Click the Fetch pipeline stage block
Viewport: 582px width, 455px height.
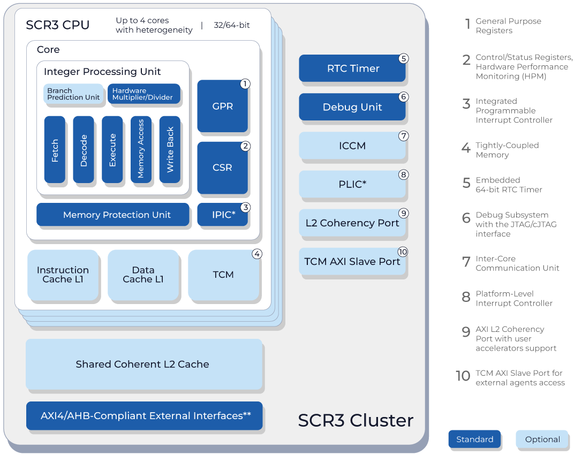[x=55, y=149]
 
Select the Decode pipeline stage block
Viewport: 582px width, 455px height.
[x=84, y=149]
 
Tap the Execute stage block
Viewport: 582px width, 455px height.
[x=112, y=149]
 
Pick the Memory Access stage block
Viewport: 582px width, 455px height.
[x=141, y=149]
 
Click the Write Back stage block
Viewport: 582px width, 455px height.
[x=170, y=149]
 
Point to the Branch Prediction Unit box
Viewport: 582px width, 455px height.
[x=73, y=94]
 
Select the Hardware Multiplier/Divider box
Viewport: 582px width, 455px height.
[x=144, y=94]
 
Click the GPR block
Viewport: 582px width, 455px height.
[x=223, y=106]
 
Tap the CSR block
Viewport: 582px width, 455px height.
[x=223, y=168]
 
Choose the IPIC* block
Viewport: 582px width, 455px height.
[x=223, y=215]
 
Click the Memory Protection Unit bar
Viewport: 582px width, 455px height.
[x=113, y=215]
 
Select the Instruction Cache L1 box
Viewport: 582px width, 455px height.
[x=63, y=275]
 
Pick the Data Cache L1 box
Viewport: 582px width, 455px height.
[x=143, y=275]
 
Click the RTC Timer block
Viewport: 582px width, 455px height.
[x=352, y=69]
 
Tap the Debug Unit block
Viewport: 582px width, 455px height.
[x=352, y=107]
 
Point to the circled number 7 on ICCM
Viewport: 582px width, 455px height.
[x=404, y=136]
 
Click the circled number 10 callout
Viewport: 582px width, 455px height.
[x=403, y=252]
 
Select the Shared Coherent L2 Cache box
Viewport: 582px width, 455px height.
[x=144, y=364]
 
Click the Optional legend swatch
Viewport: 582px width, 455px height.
[x=542, y=439]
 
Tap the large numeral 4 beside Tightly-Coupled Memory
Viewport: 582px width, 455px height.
[x=466, y=148]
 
